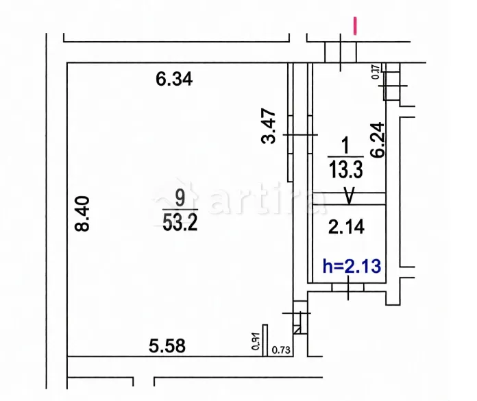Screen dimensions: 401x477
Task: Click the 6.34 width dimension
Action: [x=174, y=80]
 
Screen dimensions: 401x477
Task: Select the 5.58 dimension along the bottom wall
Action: [x=167, y=345]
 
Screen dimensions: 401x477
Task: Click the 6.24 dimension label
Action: [x=376, y=140]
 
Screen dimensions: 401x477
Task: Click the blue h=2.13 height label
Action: [x=351, y=265]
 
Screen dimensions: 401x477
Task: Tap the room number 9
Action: [x=180, y=199]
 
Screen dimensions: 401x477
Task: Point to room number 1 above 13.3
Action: [x=345, y=145]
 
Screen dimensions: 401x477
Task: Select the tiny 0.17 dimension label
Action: [x=377, y=71]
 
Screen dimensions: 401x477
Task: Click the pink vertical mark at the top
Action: [x=355, y=26]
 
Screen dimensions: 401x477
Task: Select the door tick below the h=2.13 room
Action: [x=350, y=291]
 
